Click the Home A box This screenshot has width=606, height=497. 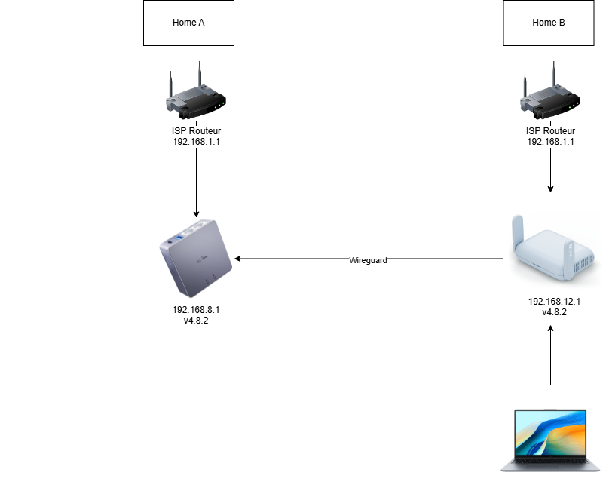[188, 23]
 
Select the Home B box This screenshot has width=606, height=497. [548, 23]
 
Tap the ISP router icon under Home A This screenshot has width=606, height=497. [196, 94]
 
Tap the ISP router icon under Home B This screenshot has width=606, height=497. [552, 94]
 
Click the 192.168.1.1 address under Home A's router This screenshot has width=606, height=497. [195, 141]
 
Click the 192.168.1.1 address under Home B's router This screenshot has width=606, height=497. [550, 141]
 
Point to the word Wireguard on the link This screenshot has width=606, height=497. [368, 260]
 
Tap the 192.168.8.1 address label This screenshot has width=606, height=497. [196, 310]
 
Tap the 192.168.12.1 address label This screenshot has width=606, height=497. [554, 301]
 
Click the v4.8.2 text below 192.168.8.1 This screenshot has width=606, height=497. [196, 321]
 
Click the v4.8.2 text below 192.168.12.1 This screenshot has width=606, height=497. [554, 311]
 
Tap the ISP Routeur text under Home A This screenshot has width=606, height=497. [195, 131]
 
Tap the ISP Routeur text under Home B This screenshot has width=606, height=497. [550, 131]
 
